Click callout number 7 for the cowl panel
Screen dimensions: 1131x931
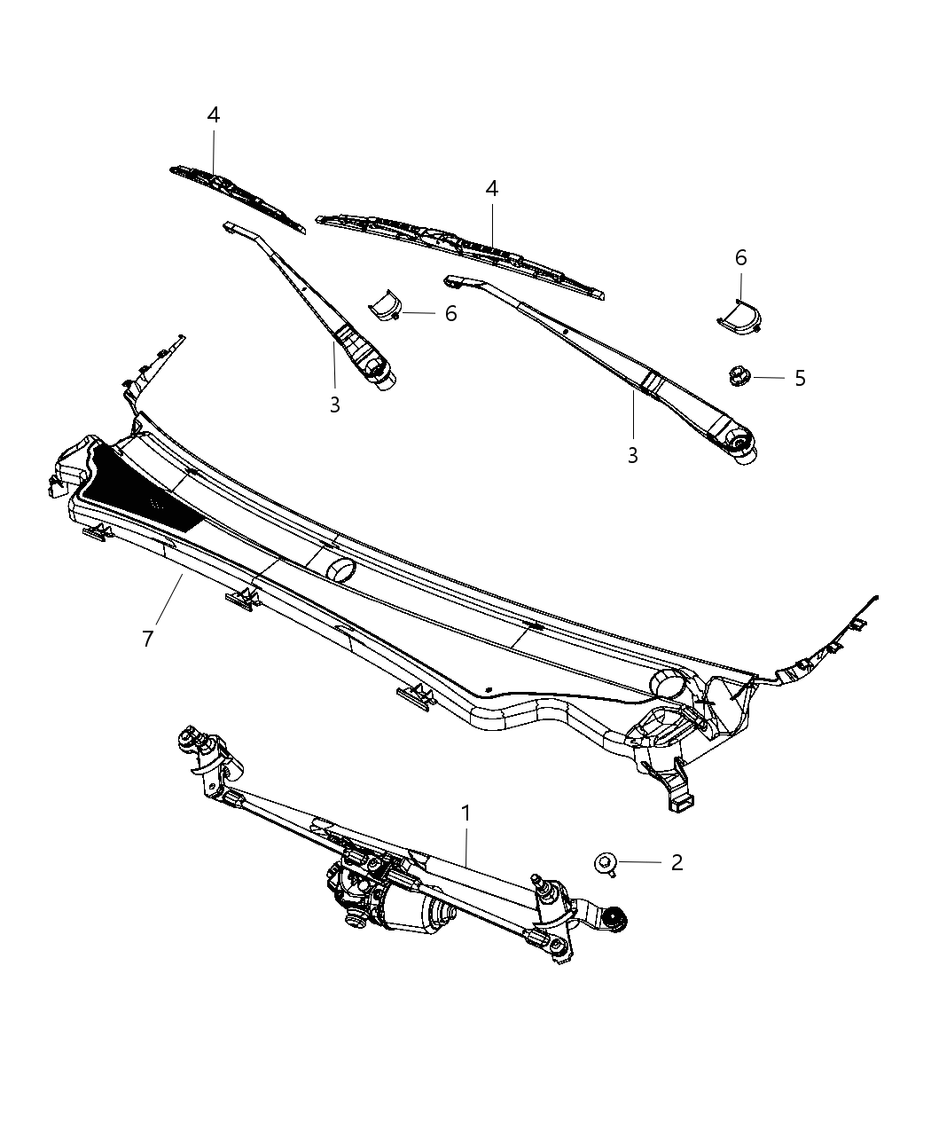pyautogui.click(x=148, y=638)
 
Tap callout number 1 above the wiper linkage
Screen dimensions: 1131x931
pyautogui.click(x=465, y=813)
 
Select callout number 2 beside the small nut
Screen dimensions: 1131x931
pyautogui.click(x=677, y=862)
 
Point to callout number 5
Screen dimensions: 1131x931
pyautogui.click(x=800, y=378)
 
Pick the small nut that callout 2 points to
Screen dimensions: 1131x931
pyautogui.click(x=606, y=861)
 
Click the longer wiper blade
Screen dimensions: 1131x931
pyautogui.click(x=461, y=253)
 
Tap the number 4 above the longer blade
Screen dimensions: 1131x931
pyautogui.click(x=491, y=188)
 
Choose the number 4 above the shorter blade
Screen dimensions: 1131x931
pyautogui.click(x=213, y=114)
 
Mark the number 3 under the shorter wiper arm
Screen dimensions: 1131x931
pyautogui.click(x=334, y=404)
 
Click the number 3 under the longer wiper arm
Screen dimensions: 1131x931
pyautogui.click(x=632, y=455)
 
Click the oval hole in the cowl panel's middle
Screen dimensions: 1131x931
pyautogui.click(x=338, y=569)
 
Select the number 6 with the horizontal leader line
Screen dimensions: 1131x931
pyautogui.click(x=450, y=313)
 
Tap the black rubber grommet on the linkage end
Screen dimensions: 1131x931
pyautogui.click(x=612, y=919)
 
